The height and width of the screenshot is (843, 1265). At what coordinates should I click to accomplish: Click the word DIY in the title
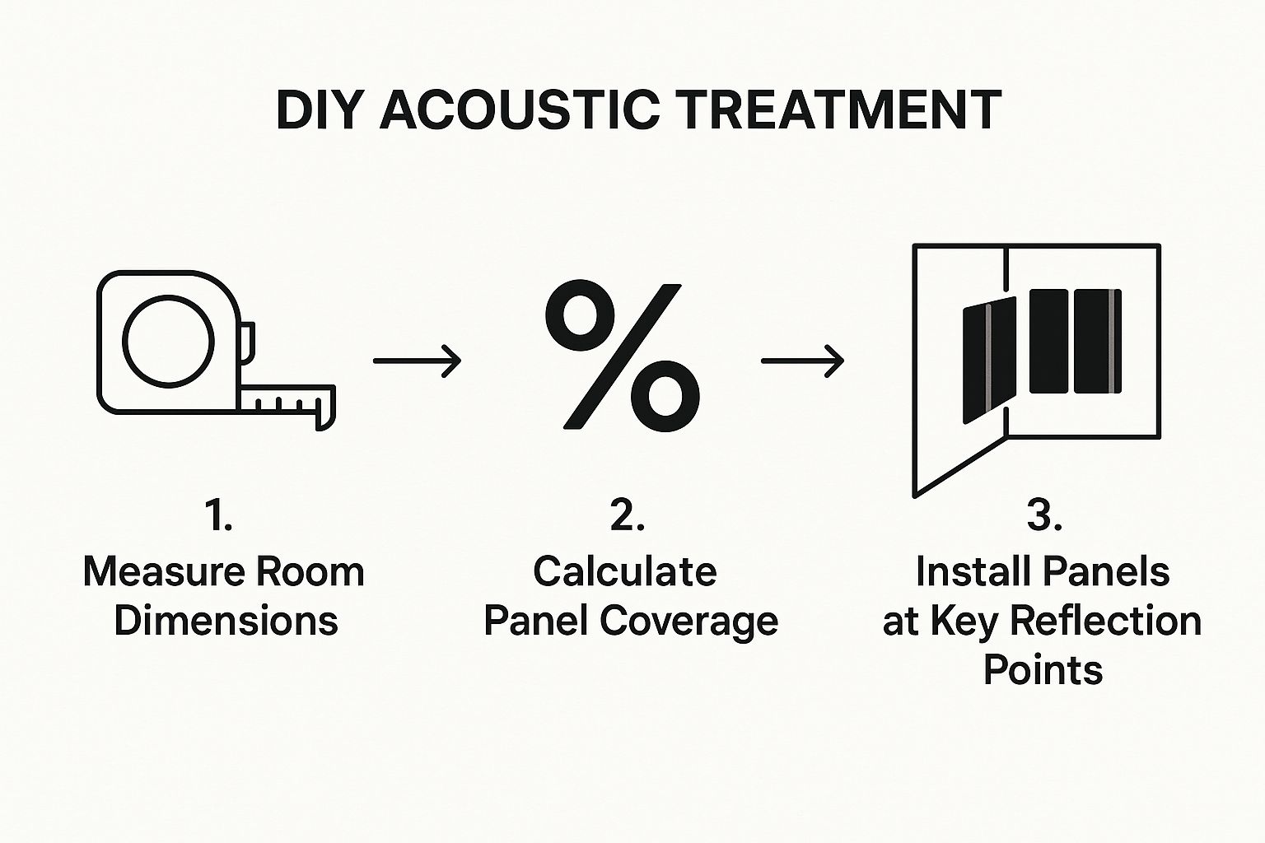tap(317, 109)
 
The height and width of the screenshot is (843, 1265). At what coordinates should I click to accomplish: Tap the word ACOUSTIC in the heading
tap(520, 109)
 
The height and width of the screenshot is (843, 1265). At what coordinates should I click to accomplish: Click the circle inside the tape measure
tap(168, 342)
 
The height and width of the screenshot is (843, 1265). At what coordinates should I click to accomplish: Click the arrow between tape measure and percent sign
tap(418, 361)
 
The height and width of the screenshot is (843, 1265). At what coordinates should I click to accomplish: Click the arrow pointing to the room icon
tap(802, 361)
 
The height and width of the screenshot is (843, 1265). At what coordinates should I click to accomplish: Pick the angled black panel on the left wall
tap(989, 361)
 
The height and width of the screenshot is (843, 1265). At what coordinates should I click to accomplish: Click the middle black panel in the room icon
tap(1048, 341)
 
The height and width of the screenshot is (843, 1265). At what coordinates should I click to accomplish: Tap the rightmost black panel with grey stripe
tap(1098, 341)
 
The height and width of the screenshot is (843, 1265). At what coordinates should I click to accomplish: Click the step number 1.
tap(218, 516)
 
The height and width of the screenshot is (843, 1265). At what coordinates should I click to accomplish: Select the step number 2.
tap(627, 516)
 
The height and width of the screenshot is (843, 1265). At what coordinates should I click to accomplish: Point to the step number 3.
tap(1043, 516)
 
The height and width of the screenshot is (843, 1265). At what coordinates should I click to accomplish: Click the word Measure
tap(165, 572)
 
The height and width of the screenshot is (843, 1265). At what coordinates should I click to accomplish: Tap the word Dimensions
tap(226, 621)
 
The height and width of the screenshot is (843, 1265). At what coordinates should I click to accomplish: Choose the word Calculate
tap(625, 571)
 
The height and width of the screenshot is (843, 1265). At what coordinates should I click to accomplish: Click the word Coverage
tap(689, 621)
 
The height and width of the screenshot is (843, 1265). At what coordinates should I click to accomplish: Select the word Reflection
tap(1106, 621)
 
